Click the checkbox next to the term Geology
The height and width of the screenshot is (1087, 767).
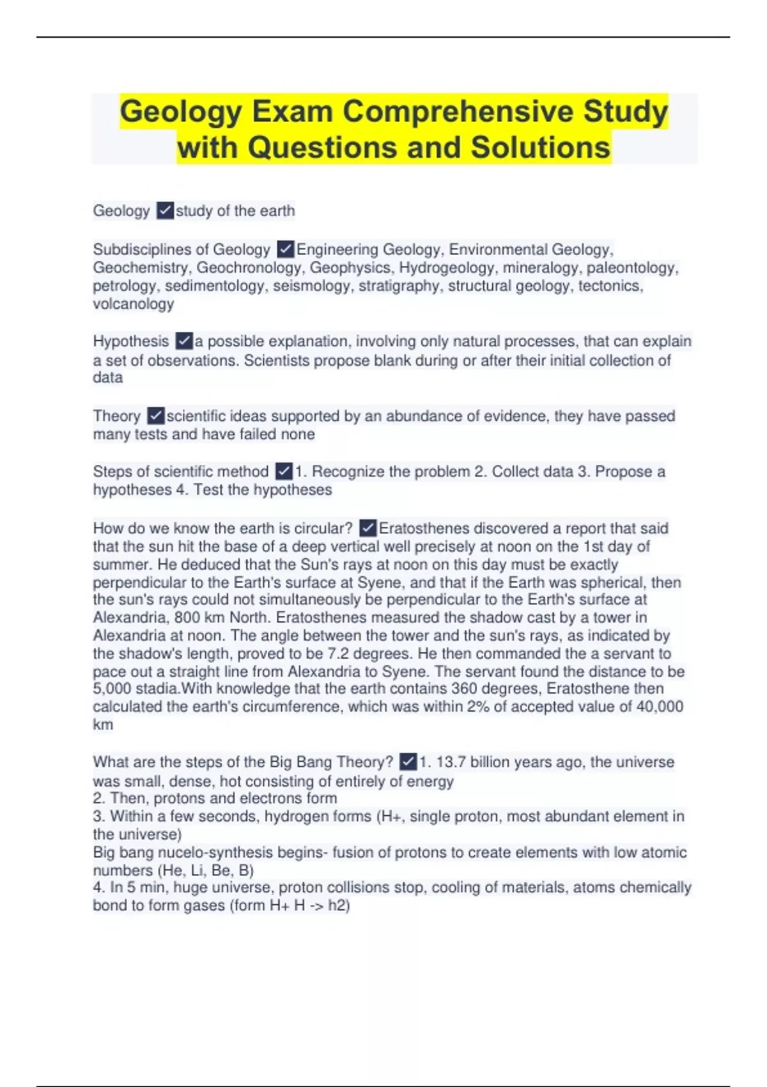point(165,210)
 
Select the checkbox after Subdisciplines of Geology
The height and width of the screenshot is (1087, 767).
point(285,249)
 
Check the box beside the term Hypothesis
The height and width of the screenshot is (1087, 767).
point(183,341)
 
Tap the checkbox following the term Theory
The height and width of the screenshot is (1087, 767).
point(155,416)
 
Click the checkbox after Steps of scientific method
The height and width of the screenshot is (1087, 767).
point(284,471)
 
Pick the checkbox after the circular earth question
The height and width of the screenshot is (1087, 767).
point(368,528)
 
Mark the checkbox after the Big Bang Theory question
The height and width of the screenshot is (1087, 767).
point(408,762)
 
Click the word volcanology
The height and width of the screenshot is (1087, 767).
point(133,304)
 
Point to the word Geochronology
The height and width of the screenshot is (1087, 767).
point(249,267)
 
